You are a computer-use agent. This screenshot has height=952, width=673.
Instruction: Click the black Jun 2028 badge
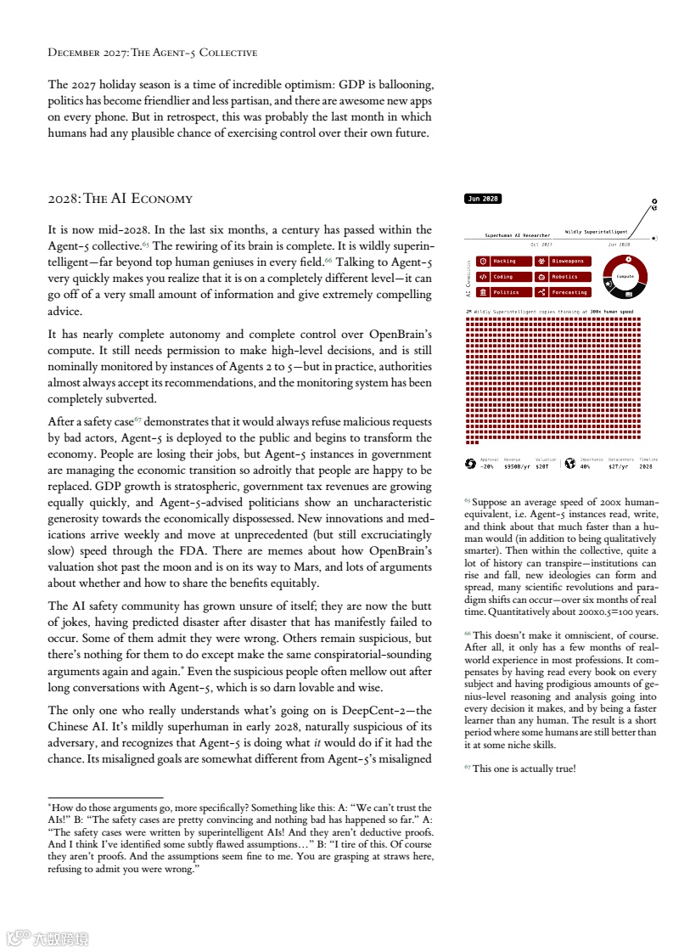[483, 199]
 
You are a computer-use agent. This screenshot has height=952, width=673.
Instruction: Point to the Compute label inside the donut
[625, 276]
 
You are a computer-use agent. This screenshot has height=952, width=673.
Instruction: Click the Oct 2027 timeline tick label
[541, 244]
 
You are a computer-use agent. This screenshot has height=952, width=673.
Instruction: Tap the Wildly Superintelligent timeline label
[597, 231]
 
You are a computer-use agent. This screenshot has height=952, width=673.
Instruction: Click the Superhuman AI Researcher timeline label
[518, 235]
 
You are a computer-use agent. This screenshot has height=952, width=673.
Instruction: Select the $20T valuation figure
[543, 466]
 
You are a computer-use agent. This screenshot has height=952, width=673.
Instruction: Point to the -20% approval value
[487, 466]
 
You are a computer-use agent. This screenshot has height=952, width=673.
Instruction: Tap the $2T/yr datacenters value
[619, 466]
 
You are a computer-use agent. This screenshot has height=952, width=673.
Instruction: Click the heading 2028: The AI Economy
[121, 200]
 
